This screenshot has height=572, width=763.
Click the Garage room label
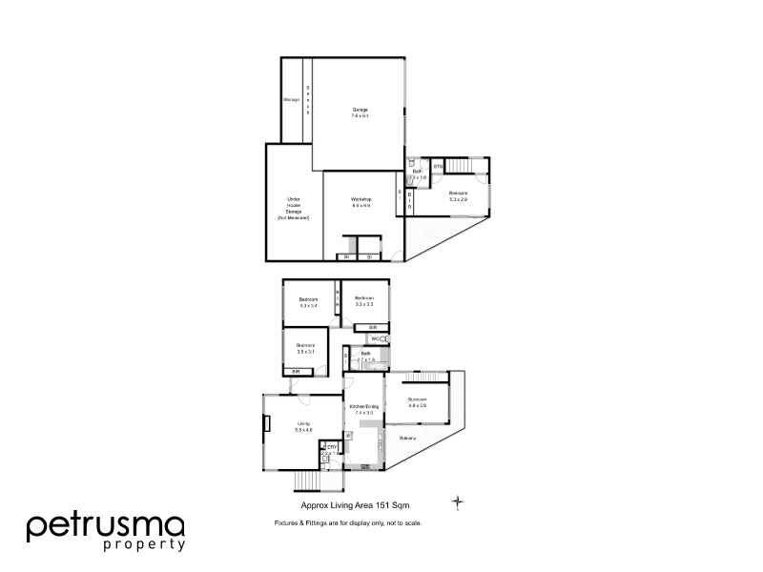[360, 110]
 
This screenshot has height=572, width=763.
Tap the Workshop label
[361, 197]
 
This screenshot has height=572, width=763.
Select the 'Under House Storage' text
[294, 208]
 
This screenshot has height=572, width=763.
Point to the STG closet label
[438, 168]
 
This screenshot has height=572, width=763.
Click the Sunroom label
[417, 398]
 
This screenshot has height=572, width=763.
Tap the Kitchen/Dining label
[363, 407]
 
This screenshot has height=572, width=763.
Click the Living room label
[304, 423]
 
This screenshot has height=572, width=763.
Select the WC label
[377, 338]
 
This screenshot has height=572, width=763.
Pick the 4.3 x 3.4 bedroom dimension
[308, 306]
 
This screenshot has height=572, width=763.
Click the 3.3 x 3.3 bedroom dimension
[363, 303]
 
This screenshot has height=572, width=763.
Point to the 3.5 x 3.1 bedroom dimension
[305, 351]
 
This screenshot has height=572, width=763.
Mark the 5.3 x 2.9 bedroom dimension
[459, 198]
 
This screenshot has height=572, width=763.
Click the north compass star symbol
[459, 501]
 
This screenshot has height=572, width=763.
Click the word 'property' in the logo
[142, 545]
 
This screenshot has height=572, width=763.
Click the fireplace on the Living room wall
[267, 423]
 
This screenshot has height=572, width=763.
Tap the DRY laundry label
[332, 447]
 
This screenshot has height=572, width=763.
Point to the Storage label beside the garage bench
[291, 100]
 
